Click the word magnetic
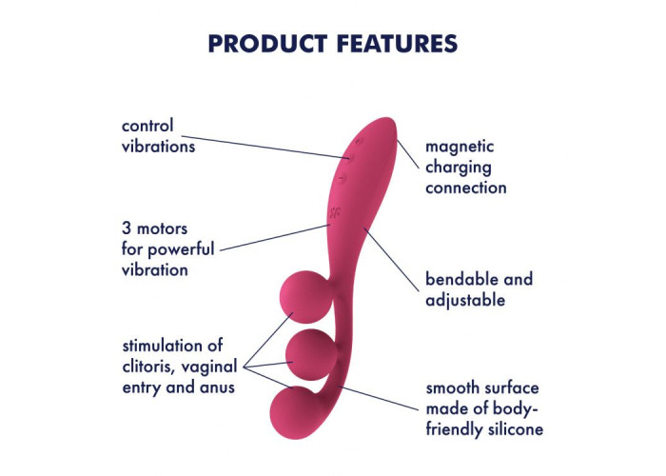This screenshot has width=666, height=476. coord(460,147)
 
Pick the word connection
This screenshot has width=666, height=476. coord(466,188)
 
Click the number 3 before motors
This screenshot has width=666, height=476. coord(127,228)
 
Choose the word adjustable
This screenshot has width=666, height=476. coord(464,301)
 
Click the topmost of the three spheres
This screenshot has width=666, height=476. coord(307,295)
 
